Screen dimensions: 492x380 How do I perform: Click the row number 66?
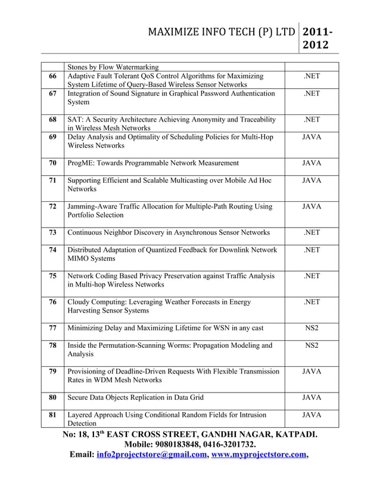tap(52, 76)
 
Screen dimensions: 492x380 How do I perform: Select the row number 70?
tap(52, 163)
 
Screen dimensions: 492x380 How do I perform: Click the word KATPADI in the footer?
tap(289, 434)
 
